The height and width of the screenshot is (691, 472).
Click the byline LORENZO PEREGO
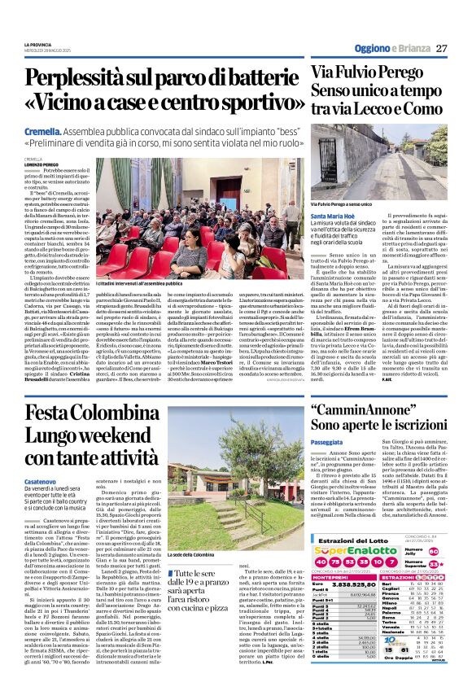click(42, 165)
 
